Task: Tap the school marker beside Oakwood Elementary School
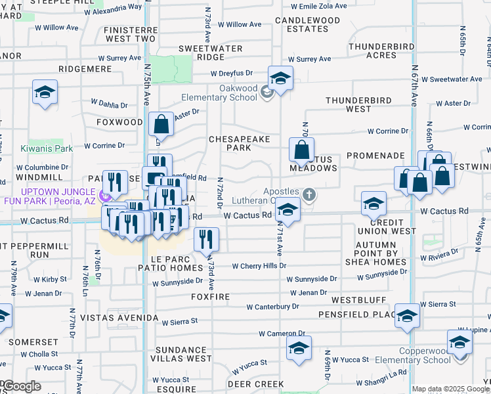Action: (280, 79)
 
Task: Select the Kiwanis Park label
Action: (46, 148)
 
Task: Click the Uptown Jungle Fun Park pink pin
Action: (104, 196)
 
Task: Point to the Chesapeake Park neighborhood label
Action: (230, 143)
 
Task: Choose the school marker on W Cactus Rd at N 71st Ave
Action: (287, 211)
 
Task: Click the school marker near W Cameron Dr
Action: (299, 347)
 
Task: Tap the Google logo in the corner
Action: (21, 386)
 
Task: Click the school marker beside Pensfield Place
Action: (408, 316)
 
